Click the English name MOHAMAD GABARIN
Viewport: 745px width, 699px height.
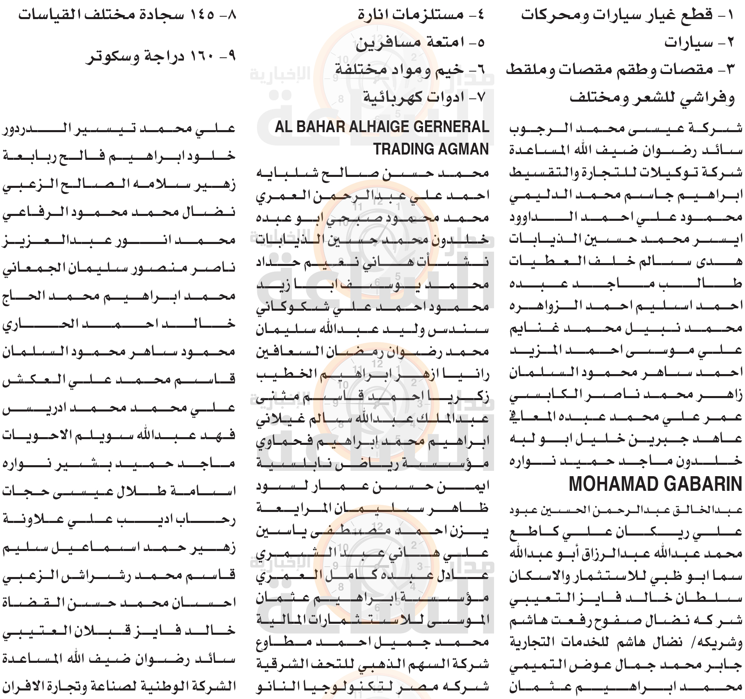pos(655,484)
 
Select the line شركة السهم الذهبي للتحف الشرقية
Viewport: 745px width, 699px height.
pos(372,664)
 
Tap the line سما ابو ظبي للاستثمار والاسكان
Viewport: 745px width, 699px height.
pos(626,576)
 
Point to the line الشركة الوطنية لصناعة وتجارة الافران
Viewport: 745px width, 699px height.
pos(119,687)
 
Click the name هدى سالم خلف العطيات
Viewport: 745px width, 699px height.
pos(626,261)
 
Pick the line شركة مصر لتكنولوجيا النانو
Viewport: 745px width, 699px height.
pos(372,687)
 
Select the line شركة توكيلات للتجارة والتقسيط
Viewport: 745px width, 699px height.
pos(626,173)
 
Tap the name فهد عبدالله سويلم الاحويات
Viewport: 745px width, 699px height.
pos(119,435)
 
